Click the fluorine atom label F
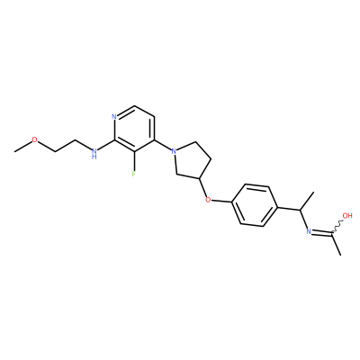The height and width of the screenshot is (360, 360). point(133,174)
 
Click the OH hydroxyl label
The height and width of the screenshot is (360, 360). point(347,215)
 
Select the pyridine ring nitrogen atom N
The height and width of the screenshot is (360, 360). point(113,117)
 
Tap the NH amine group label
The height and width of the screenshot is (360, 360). point(94,153)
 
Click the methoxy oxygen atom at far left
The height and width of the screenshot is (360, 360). point(35,139)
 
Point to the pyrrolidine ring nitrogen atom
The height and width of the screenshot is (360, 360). point(174,151)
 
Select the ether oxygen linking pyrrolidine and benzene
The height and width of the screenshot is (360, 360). point(207,200)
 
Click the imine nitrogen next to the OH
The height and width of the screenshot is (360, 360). point(308,231)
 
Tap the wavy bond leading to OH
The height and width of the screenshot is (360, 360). point(337,227)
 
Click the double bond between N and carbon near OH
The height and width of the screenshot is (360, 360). point(321,232)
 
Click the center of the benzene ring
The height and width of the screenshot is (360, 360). point(255,205)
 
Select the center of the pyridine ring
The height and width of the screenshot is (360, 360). point(134,129)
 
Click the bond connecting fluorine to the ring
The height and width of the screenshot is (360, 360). point(134,161)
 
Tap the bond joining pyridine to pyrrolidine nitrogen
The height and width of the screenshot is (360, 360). point(163,145)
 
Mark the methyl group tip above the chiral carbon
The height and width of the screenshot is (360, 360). point(313,191)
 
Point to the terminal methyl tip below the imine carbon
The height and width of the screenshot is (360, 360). point(341,255)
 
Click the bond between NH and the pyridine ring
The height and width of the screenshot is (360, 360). point(106,145)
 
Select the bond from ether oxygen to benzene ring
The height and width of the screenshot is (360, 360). point(221,201)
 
